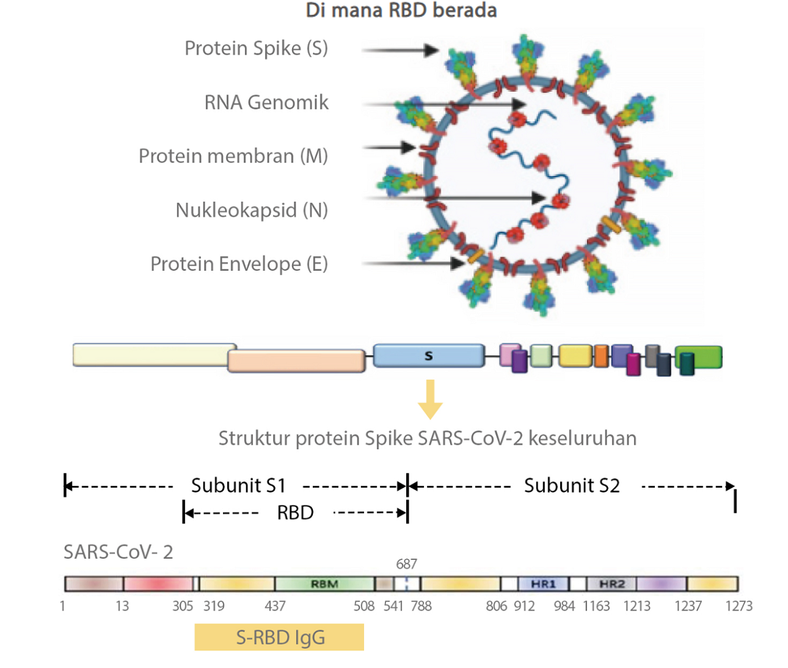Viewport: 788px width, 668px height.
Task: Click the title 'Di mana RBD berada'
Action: tap(401, 10)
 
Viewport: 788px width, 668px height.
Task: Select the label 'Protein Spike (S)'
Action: tap(256, 48)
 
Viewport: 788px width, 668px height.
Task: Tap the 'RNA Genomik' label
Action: tap(266, 102)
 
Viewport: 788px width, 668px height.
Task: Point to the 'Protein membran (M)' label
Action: tap(233, 156)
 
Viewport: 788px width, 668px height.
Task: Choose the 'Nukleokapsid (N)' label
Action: tap(252, 210)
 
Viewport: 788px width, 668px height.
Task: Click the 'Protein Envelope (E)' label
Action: tap(239, 263)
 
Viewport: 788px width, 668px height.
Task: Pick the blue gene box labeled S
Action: tap(428, 355)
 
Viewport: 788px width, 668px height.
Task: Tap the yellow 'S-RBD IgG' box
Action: tap(279, 637)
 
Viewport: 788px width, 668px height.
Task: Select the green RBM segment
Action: tap(324, 584)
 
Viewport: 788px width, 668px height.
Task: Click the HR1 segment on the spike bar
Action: tap(543, 584)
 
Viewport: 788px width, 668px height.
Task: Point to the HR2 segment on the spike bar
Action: tap(611, 584)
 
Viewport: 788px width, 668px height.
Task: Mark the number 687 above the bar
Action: tap(406, 563)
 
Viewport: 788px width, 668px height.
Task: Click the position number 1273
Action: tap(739, 606)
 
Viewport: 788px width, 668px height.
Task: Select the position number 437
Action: tap(275, 606)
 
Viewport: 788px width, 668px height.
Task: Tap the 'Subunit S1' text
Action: tap(238, 485)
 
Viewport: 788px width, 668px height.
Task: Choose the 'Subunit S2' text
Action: tap(572, 485)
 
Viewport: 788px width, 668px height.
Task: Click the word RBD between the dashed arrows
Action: tap(295, 512)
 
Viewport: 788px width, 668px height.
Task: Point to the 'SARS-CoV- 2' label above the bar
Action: tap(119, 552)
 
